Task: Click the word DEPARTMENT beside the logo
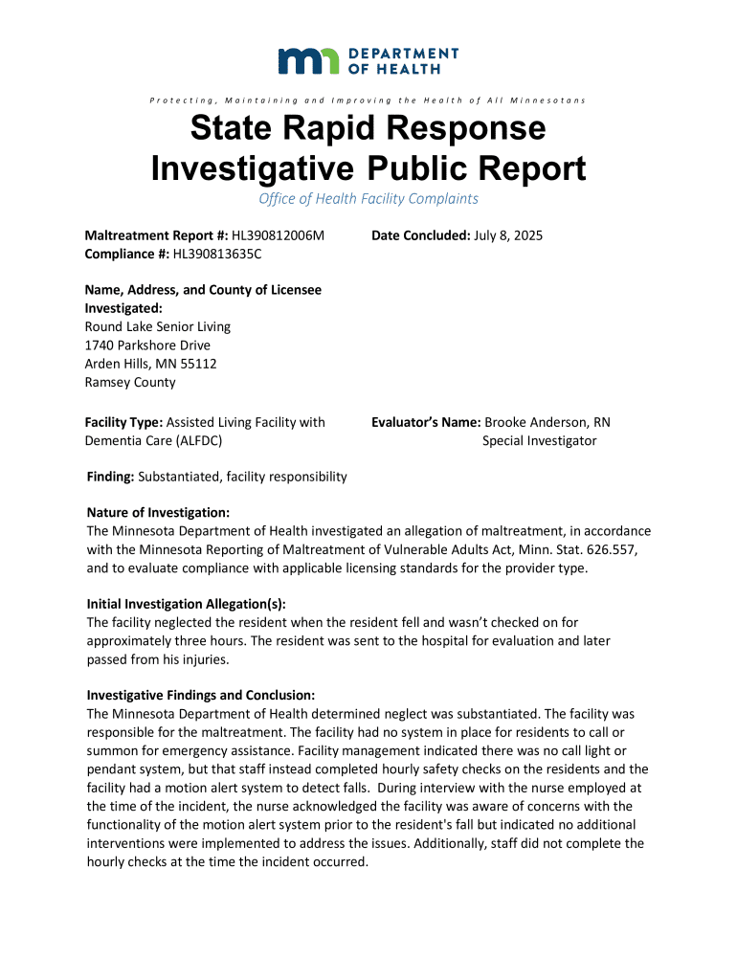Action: tap(404, 54)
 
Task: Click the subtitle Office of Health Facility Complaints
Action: tap(368, 199)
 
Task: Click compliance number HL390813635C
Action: tap(216, 254)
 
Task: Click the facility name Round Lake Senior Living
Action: tap(158, 327)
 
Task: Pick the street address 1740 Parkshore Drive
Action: tap(147, 345)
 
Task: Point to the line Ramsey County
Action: tap(130, 382)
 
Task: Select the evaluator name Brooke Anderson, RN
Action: tap(547, 422)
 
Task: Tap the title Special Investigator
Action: tap(539, 440)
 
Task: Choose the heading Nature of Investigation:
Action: tap(158, 514)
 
